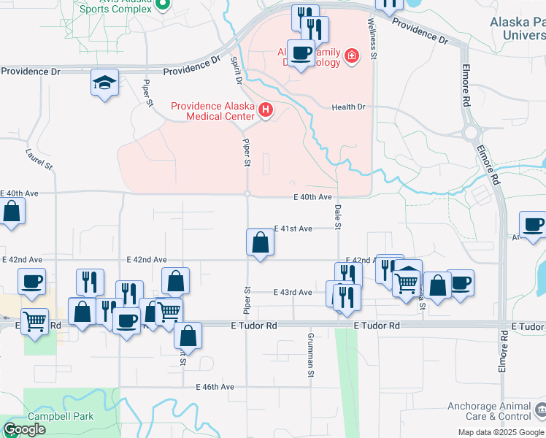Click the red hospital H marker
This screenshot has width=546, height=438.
[x=266, y=111]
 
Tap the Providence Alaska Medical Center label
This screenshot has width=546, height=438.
[x=212, y=110]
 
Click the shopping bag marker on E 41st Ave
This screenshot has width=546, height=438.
[x=261, y=242]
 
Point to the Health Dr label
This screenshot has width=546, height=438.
[x=348, y=107]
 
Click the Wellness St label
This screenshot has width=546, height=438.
[x=373, y=41]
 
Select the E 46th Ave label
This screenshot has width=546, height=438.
[x=215, y=386]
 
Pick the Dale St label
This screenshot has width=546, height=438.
[x=338, y=217]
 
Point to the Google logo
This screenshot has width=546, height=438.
[x=23, y=429]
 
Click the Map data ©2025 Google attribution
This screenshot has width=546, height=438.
[x=501, y=432]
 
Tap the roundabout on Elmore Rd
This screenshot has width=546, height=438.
[x=471, y=134]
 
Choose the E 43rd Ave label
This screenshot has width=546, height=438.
[x=292, y=292]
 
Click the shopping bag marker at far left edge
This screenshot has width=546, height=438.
[x=12, y=212]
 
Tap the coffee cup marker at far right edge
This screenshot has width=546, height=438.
[x=534, y=224]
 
